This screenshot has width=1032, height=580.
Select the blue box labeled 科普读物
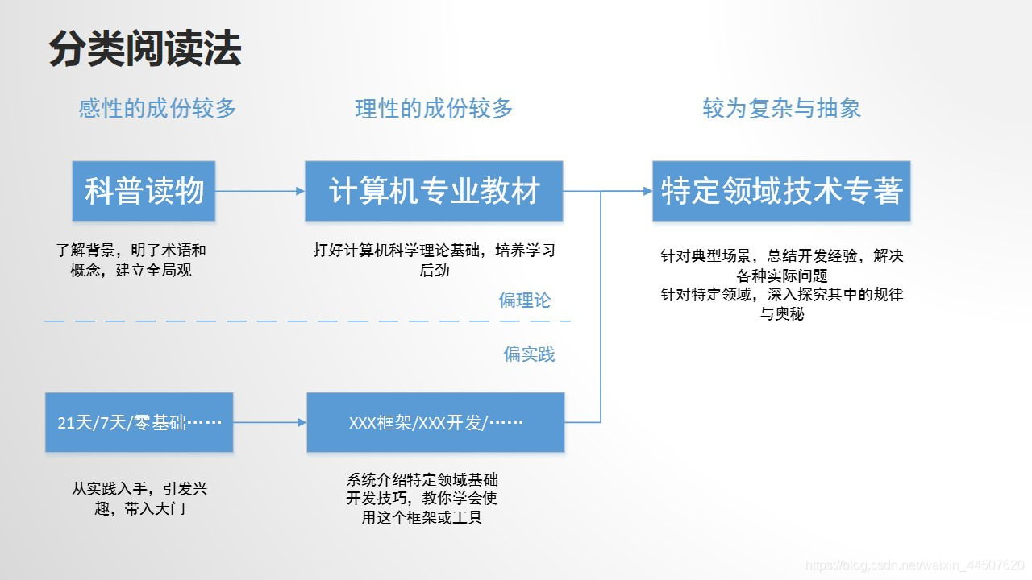pos(144,191)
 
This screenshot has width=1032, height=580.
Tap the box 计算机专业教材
pos(434,191)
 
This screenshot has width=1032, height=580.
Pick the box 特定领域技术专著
pos(781,191)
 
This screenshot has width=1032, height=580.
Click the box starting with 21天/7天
pos(139,422)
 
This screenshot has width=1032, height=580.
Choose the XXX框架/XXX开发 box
pos(435,422)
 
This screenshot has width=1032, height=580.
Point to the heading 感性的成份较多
pos(157,109)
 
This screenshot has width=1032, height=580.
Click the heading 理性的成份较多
pos(434,109)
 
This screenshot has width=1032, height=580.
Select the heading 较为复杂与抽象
pos(781,109)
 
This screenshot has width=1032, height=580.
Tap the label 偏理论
pos(525,300)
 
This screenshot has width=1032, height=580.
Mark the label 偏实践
pos(529,354)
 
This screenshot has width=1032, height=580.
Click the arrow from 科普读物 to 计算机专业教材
pos(260,191)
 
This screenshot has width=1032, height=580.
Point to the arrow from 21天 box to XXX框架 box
pos(269,422)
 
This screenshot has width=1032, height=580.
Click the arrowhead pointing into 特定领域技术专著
pos(647,191)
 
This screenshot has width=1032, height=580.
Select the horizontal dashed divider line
pos(306,321)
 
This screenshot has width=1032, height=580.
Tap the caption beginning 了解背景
pos(131,260)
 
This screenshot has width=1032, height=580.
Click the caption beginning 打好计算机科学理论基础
pos(434,260)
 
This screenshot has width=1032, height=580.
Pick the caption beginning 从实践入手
pos(139,499)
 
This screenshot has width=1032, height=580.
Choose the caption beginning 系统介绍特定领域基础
pos(422,499)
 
